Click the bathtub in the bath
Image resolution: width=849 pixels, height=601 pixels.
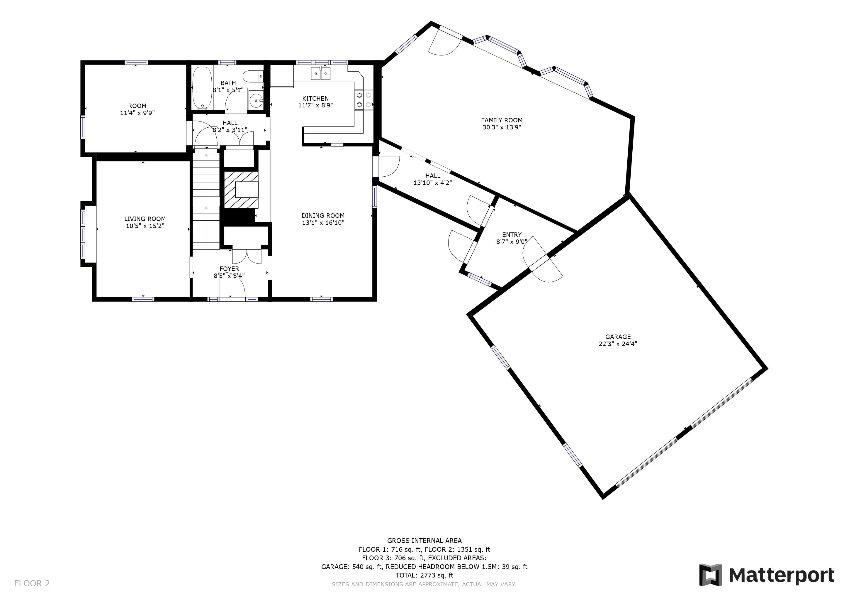(202, 88)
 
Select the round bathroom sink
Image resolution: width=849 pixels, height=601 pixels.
(256, 100)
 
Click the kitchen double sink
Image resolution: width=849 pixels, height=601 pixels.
(320, 74)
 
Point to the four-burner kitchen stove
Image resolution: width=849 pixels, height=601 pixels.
(364, 100)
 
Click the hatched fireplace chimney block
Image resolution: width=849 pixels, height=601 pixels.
(241, 190)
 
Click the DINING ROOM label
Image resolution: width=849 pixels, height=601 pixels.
(323, 215)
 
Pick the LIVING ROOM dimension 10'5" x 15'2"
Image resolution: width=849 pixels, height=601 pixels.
(145, 226)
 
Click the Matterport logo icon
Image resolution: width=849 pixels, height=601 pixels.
(710, 575)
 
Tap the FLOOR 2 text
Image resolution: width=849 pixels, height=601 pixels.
(32, 583)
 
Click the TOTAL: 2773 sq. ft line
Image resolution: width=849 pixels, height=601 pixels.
(424, 575)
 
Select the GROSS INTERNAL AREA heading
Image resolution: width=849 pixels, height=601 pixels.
(424, 540)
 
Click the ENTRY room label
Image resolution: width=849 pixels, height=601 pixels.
(512, 235)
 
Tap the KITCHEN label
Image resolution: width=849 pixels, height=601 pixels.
(315, 98)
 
